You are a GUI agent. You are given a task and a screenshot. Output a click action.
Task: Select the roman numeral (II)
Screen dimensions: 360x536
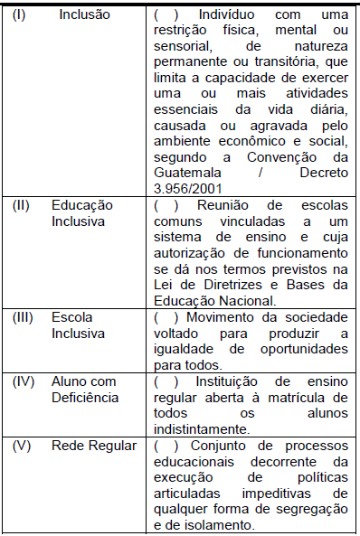(x=21, y=205)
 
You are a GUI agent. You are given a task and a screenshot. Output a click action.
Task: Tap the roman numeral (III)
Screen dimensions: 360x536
(x=23, y=317)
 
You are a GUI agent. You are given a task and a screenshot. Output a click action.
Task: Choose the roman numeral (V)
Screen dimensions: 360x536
(x=22, y=447)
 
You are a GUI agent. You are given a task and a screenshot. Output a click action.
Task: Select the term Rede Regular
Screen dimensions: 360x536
(x=93, y=447)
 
